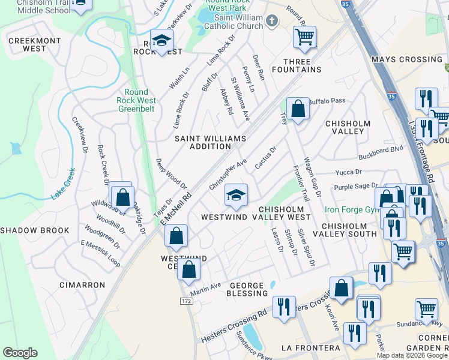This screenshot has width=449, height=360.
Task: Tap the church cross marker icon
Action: (272, 22)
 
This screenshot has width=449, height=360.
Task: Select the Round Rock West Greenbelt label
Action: (136, 101)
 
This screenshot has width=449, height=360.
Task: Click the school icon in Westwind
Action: (237, 194)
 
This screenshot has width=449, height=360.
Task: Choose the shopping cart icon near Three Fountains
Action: (305, 37)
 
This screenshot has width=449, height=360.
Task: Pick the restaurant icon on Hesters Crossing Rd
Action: (284, 307)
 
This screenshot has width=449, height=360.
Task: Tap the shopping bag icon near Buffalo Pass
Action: (298, 109)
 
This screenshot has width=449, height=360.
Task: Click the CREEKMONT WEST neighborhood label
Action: (27, 44)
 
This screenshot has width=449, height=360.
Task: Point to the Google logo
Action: (19, 353)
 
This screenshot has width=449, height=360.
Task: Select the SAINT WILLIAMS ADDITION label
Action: (210, 142)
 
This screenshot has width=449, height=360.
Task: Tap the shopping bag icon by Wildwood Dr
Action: (122, 196)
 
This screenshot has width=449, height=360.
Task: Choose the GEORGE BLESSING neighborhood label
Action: (246, 290)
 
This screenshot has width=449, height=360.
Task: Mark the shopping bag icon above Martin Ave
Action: (188, 270)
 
